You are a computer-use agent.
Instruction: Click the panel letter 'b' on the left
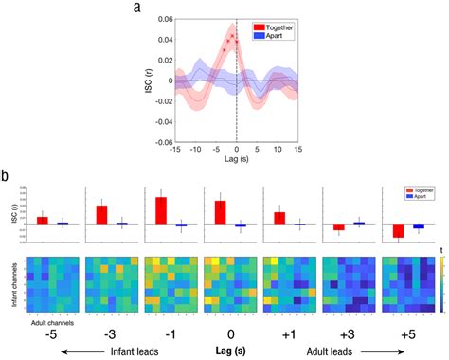point(7,176)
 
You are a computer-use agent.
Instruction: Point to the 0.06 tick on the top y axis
point(161,18)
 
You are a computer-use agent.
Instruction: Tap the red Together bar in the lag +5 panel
point(399,231)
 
